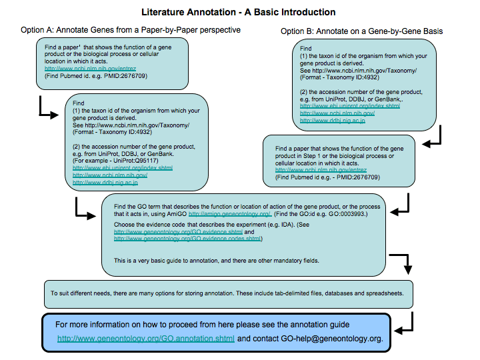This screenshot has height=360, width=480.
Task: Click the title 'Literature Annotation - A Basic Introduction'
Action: click(x=239, y=12)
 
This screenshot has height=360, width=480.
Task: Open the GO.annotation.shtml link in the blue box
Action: click(x=146, y=338)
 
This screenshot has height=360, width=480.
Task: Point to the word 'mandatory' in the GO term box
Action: click(x=293, y=259)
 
